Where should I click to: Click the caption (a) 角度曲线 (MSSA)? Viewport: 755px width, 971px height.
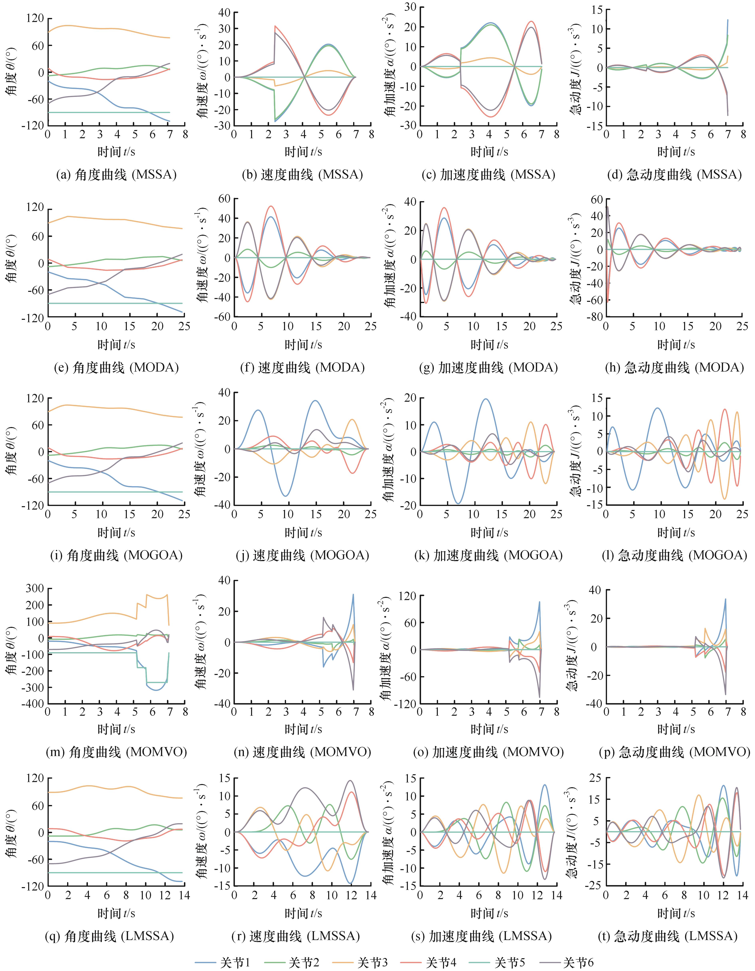(116, 175)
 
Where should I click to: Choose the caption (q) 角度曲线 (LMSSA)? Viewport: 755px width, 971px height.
(109, 936)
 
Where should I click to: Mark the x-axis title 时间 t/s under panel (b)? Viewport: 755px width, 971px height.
(303, 152)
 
